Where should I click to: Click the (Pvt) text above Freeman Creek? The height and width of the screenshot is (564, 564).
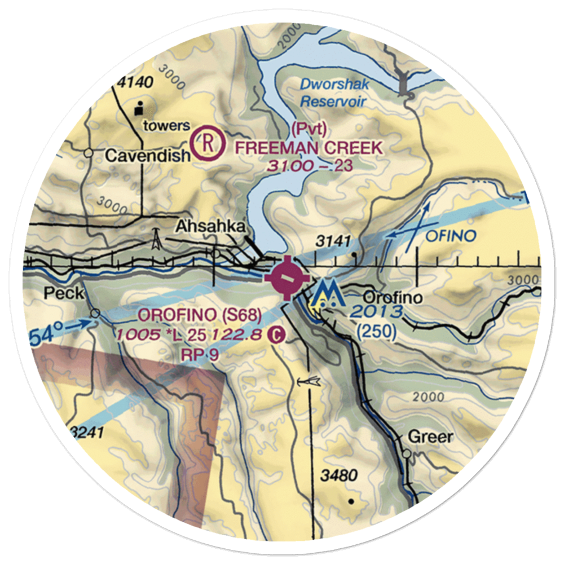pyautogui.click(x=309, y=129)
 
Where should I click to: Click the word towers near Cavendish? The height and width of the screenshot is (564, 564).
pyautogui.click(x=166, y=126)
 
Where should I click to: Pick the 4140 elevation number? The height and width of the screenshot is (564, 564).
pyautogui.click(x=135, y=82)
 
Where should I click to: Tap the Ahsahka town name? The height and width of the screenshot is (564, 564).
pyautogui.click(x=210, y=227)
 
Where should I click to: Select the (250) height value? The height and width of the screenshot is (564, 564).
pyautogui.click(x=377, y=333)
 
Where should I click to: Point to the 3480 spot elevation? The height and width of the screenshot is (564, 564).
pyautogui.click(x=339, y=475)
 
